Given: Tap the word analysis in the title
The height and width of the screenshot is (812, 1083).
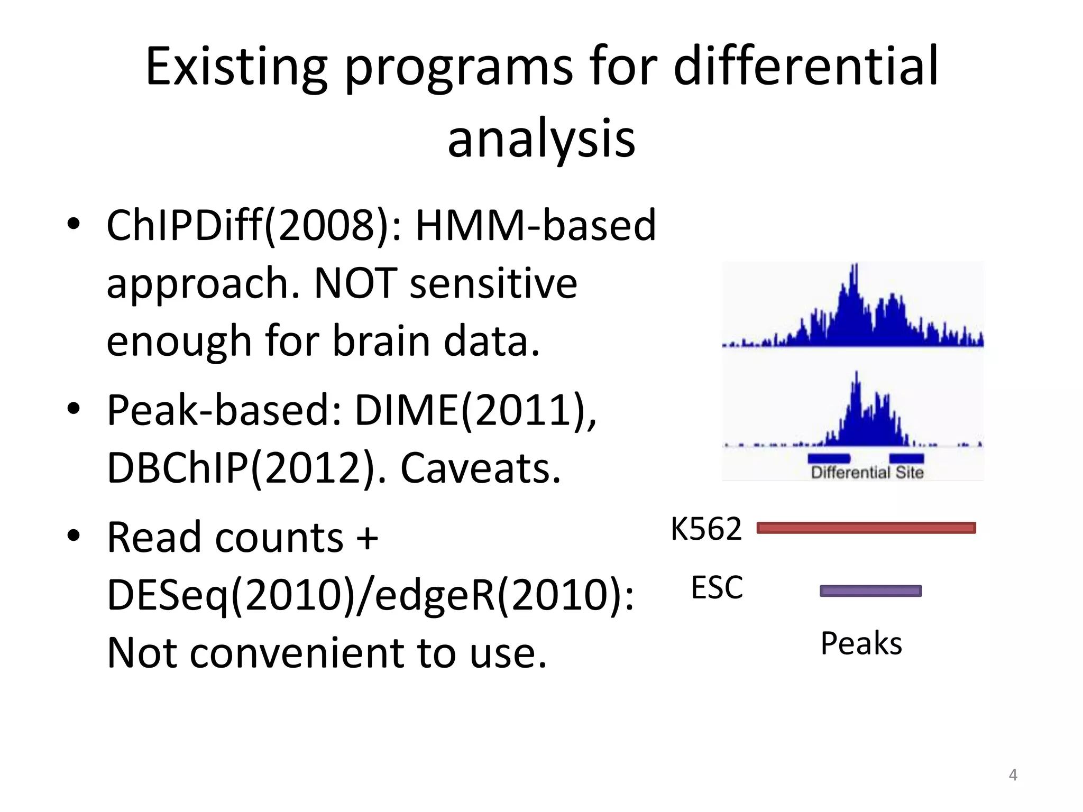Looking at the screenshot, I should (x=541, y=139).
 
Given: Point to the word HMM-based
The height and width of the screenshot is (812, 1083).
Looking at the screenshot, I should (x=535, y=225).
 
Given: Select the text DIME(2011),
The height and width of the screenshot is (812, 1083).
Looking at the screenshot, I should (x=475, y=411).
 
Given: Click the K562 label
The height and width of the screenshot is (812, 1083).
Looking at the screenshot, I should (x=706, y=529).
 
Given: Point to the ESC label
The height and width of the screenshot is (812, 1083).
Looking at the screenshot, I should (x=717, y=587).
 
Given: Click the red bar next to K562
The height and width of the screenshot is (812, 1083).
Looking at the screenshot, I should (x=866, y=528).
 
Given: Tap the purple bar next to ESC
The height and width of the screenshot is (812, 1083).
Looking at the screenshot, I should (x=870, y=591).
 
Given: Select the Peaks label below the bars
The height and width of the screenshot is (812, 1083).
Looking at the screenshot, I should (x=861, y=644).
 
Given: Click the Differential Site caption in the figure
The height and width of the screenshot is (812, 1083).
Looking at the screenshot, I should (x=867, y=473).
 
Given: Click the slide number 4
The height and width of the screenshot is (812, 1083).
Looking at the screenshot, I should (x=1013, y=775).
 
